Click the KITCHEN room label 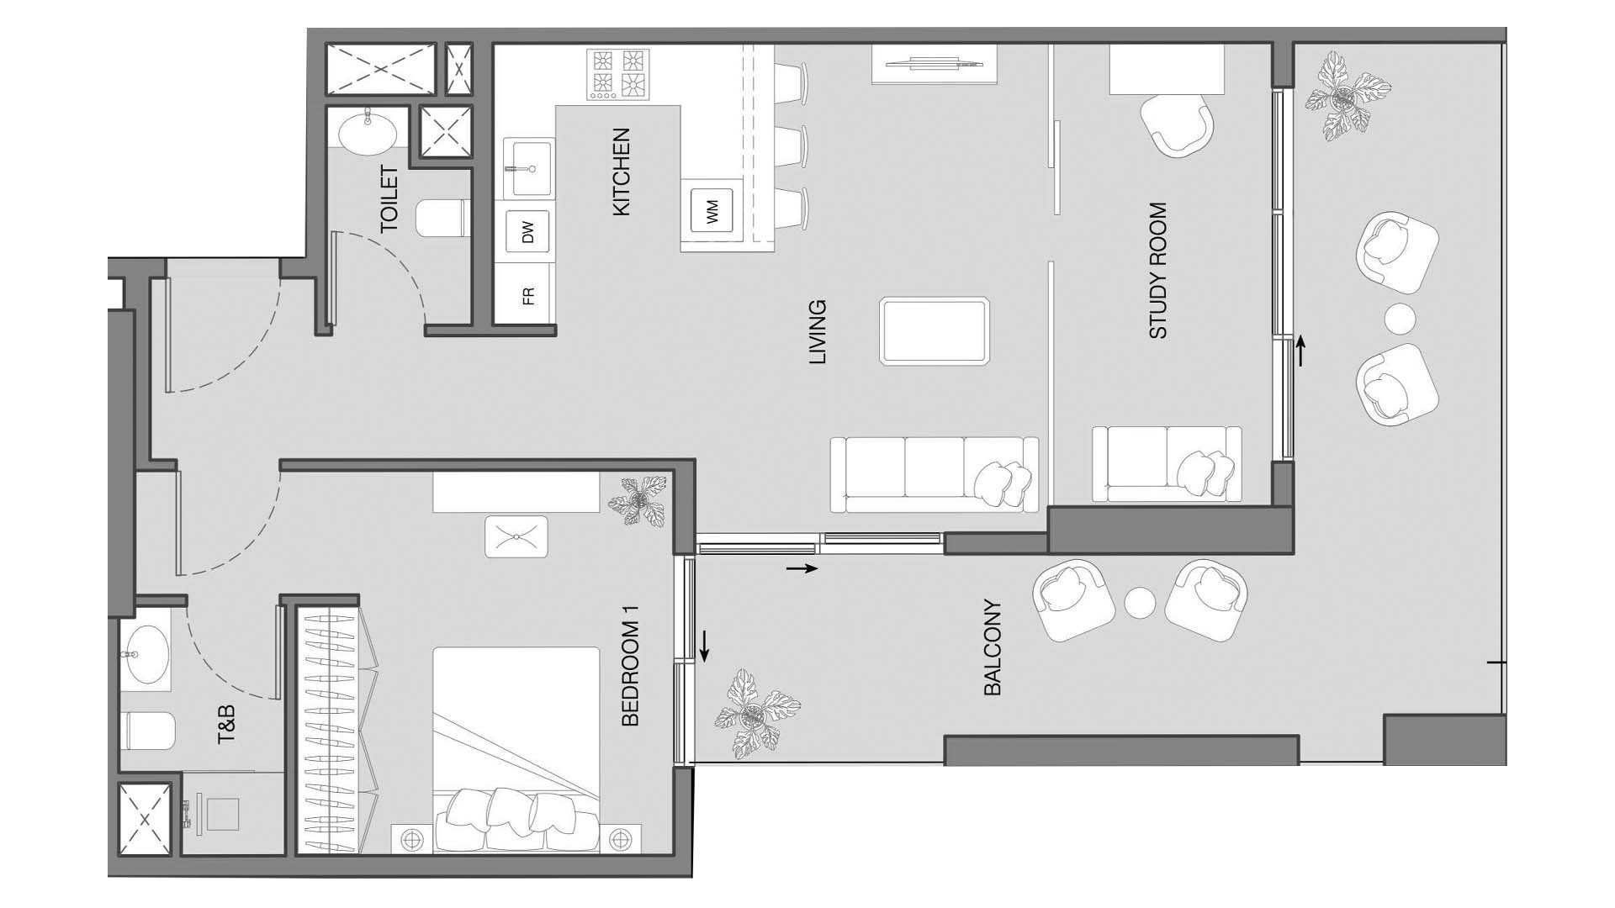pos(621,172)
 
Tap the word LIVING pos(818,332)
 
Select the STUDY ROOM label pos(1158,271)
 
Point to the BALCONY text pos(993,647)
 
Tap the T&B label pos(226,725)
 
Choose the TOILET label pos(389,199)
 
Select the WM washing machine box pos(712,210)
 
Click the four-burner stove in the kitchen pos(618,74)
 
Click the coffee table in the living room pos(935,331)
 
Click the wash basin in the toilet pos(368,131)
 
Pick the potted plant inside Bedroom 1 pos(638,502)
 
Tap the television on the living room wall pos(934,61)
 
